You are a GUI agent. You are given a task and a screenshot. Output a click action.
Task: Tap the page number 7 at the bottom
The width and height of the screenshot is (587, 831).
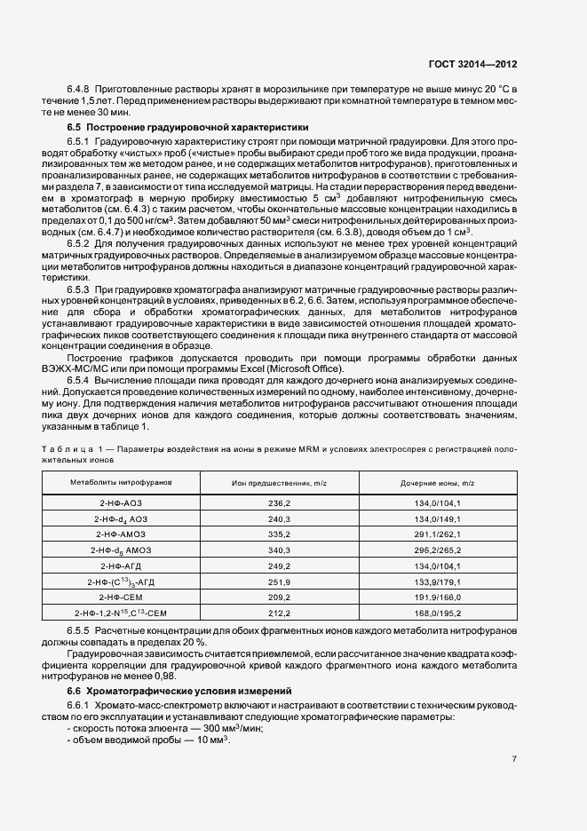coord(515,759)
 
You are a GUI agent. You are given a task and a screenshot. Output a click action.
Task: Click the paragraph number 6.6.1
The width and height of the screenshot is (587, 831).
coord(79,706)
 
